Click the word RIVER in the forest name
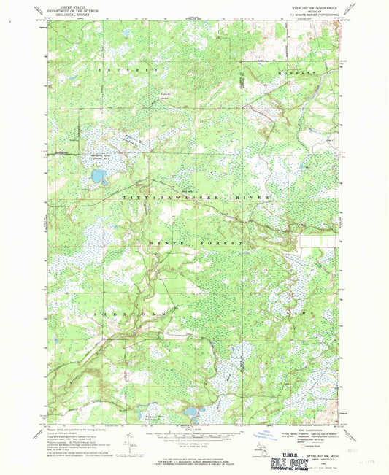click(x=257, y=198)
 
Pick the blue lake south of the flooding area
click(x=98, y=177)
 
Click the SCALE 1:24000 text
click(x=193, y=428)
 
